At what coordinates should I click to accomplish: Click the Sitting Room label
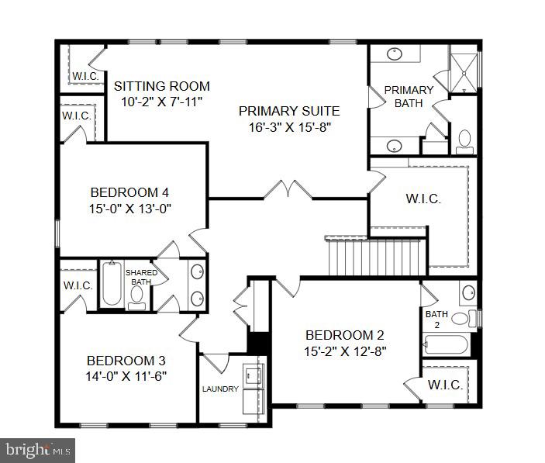click(162, 86)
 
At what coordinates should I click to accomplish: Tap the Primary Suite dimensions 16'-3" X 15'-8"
click(288, 128)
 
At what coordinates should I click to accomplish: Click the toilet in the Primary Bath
click(464, 140)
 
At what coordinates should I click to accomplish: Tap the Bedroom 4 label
click(129, 192)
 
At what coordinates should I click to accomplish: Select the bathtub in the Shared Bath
click(111, 285)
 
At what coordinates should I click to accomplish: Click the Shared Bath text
click(142, 277)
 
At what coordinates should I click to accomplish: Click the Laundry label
click(220, 389)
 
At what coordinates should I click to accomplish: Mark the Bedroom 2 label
click(345, 335)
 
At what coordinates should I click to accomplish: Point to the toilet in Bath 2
click(460, 317)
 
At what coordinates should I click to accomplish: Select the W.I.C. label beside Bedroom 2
click(445, 385)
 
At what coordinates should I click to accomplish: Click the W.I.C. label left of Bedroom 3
click(78, 285)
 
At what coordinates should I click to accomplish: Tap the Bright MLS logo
click(37, 449)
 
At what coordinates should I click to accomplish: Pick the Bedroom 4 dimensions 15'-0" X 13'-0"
click(129, 208)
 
